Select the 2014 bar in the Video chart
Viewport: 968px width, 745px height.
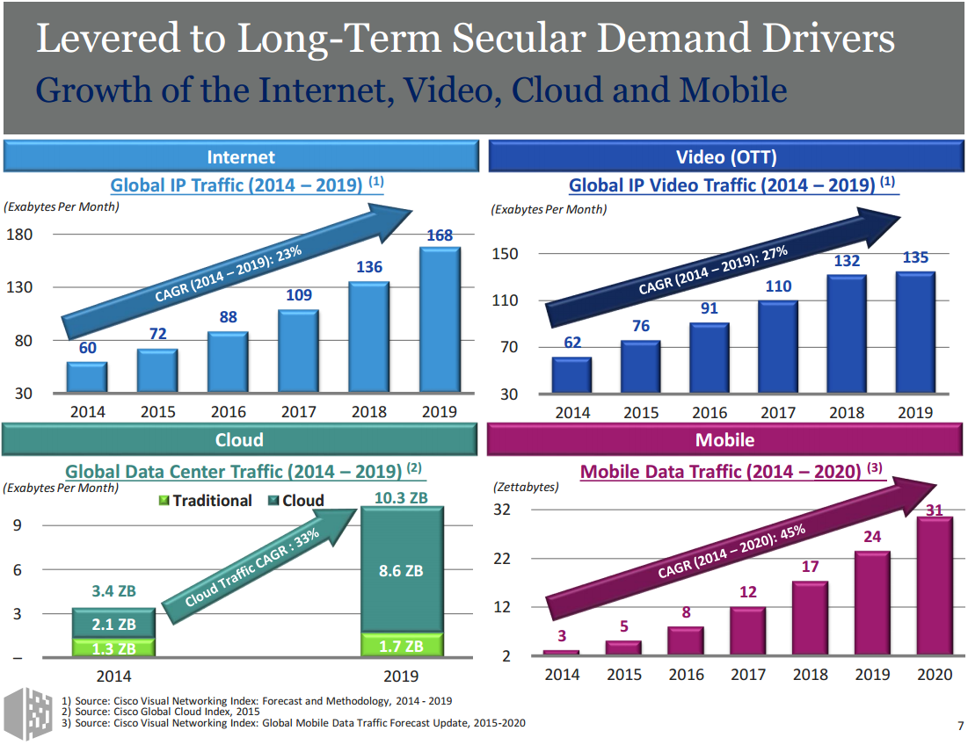pos(571,374)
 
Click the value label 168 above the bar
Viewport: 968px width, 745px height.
pos(440,235)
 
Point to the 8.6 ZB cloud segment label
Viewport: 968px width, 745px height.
pos(401,571)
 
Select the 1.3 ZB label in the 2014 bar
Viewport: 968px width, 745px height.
pos(114,649)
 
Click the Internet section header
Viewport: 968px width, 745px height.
pos(241,157)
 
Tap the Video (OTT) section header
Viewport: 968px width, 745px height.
pos(726,157)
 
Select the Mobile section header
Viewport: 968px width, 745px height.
pos(724,439)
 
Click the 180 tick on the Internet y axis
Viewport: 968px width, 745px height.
pos(19,235)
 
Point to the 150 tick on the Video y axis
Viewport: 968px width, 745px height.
pos(507,254)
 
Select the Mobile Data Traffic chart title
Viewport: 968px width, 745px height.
pos(720,472)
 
